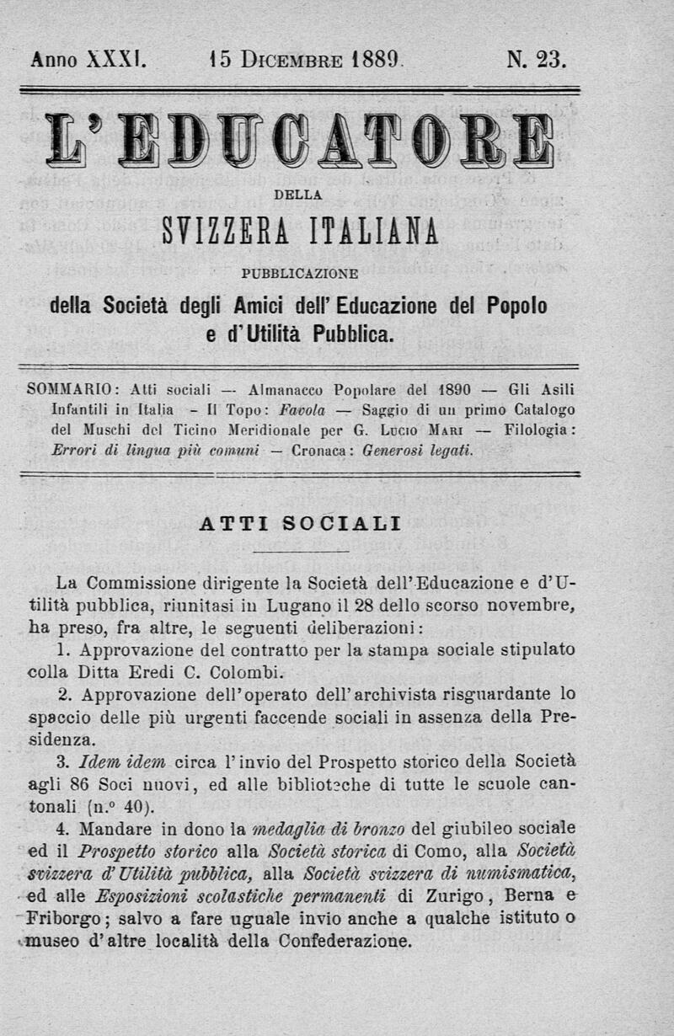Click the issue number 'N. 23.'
point(537,60)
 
